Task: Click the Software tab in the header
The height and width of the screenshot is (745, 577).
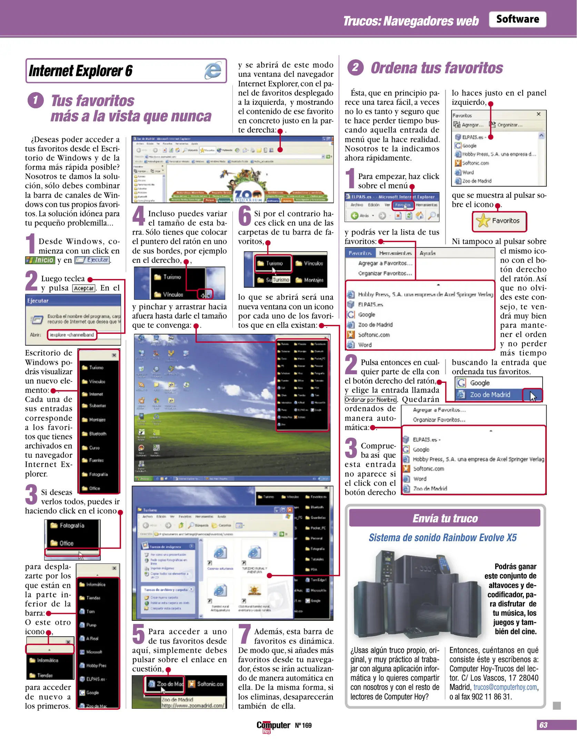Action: (x=517, y=19)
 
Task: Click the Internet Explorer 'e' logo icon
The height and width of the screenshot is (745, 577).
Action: (x=213, y=71)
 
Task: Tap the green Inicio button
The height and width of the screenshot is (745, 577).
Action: (x=40, y=260)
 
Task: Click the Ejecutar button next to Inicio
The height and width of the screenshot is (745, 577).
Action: (x=92, y=260)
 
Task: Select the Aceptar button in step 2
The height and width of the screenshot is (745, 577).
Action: (x=84, y=288)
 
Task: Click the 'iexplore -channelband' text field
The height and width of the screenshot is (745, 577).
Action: (x=72, y=335)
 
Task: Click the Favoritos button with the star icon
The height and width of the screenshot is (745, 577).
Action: (x=499, y=221)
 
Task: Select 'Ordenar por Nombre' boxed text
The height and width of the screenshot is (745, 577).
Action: (x=370, y=400)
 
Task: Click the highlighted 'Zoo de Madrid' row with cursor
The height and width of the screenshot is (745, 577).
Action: (x=490, y=395)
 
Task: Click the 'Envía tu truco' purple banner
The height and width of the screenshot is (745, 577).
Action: (x=445, y=518)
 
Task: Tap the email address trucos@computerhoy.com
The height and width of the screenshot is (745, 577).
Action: (x=505, y=687)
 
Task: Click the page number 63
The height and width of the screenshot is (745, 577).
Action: (x=543, y=725)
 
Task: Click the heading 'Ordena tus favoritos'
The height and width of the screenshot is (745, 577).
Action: (x=436, y=68)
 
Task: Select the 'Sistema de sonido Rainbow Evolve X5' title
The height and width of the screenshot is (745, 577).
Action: (x=442, y=538)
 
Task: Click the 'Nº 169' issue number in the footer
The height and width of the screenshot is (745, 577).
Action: (x=303, y=725)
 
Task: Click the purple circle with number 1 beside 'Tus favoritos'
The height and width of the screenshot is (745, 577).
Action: (x=36, y=100)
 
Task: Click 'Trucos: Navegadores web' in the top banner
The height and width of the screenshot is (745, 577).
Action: (x=410, y=21)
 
